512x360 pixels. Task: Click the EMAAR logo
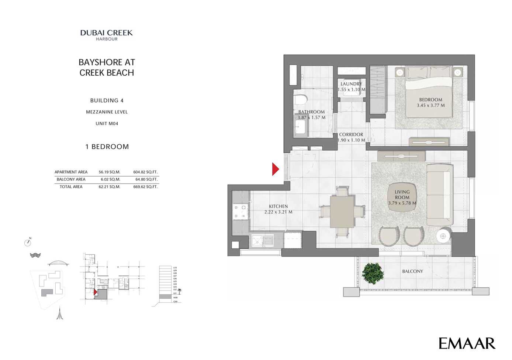coord(467,343)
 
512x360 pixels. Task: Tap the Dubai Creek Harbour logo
coord(107,35)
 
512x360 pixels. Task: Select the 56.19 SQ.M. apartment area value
coord(109,172)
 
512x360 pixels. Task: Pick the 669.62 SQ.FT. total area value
coord(145,187)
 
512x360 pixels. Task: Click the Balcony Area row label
coord(71,179)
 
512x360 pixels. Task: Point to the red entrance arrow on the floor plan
coord(275,169)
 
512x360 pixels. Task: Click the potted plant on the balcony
coord(373,273)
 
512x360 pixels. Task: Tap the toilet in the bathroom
coord(301,100)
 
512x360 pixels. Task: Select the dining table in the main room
coord(342,212)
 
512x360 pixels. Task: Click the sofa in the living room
coord(439,195)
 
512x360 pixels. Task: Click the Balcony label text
coord(412,271)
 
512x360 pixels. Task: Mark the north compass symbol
coord(28,242)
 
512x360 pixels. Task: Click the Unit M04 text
coord(107,124)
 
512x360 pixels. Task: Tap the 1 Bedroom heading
coord(107,147)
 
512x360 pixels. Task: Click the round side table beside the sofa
coord(443,236)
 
